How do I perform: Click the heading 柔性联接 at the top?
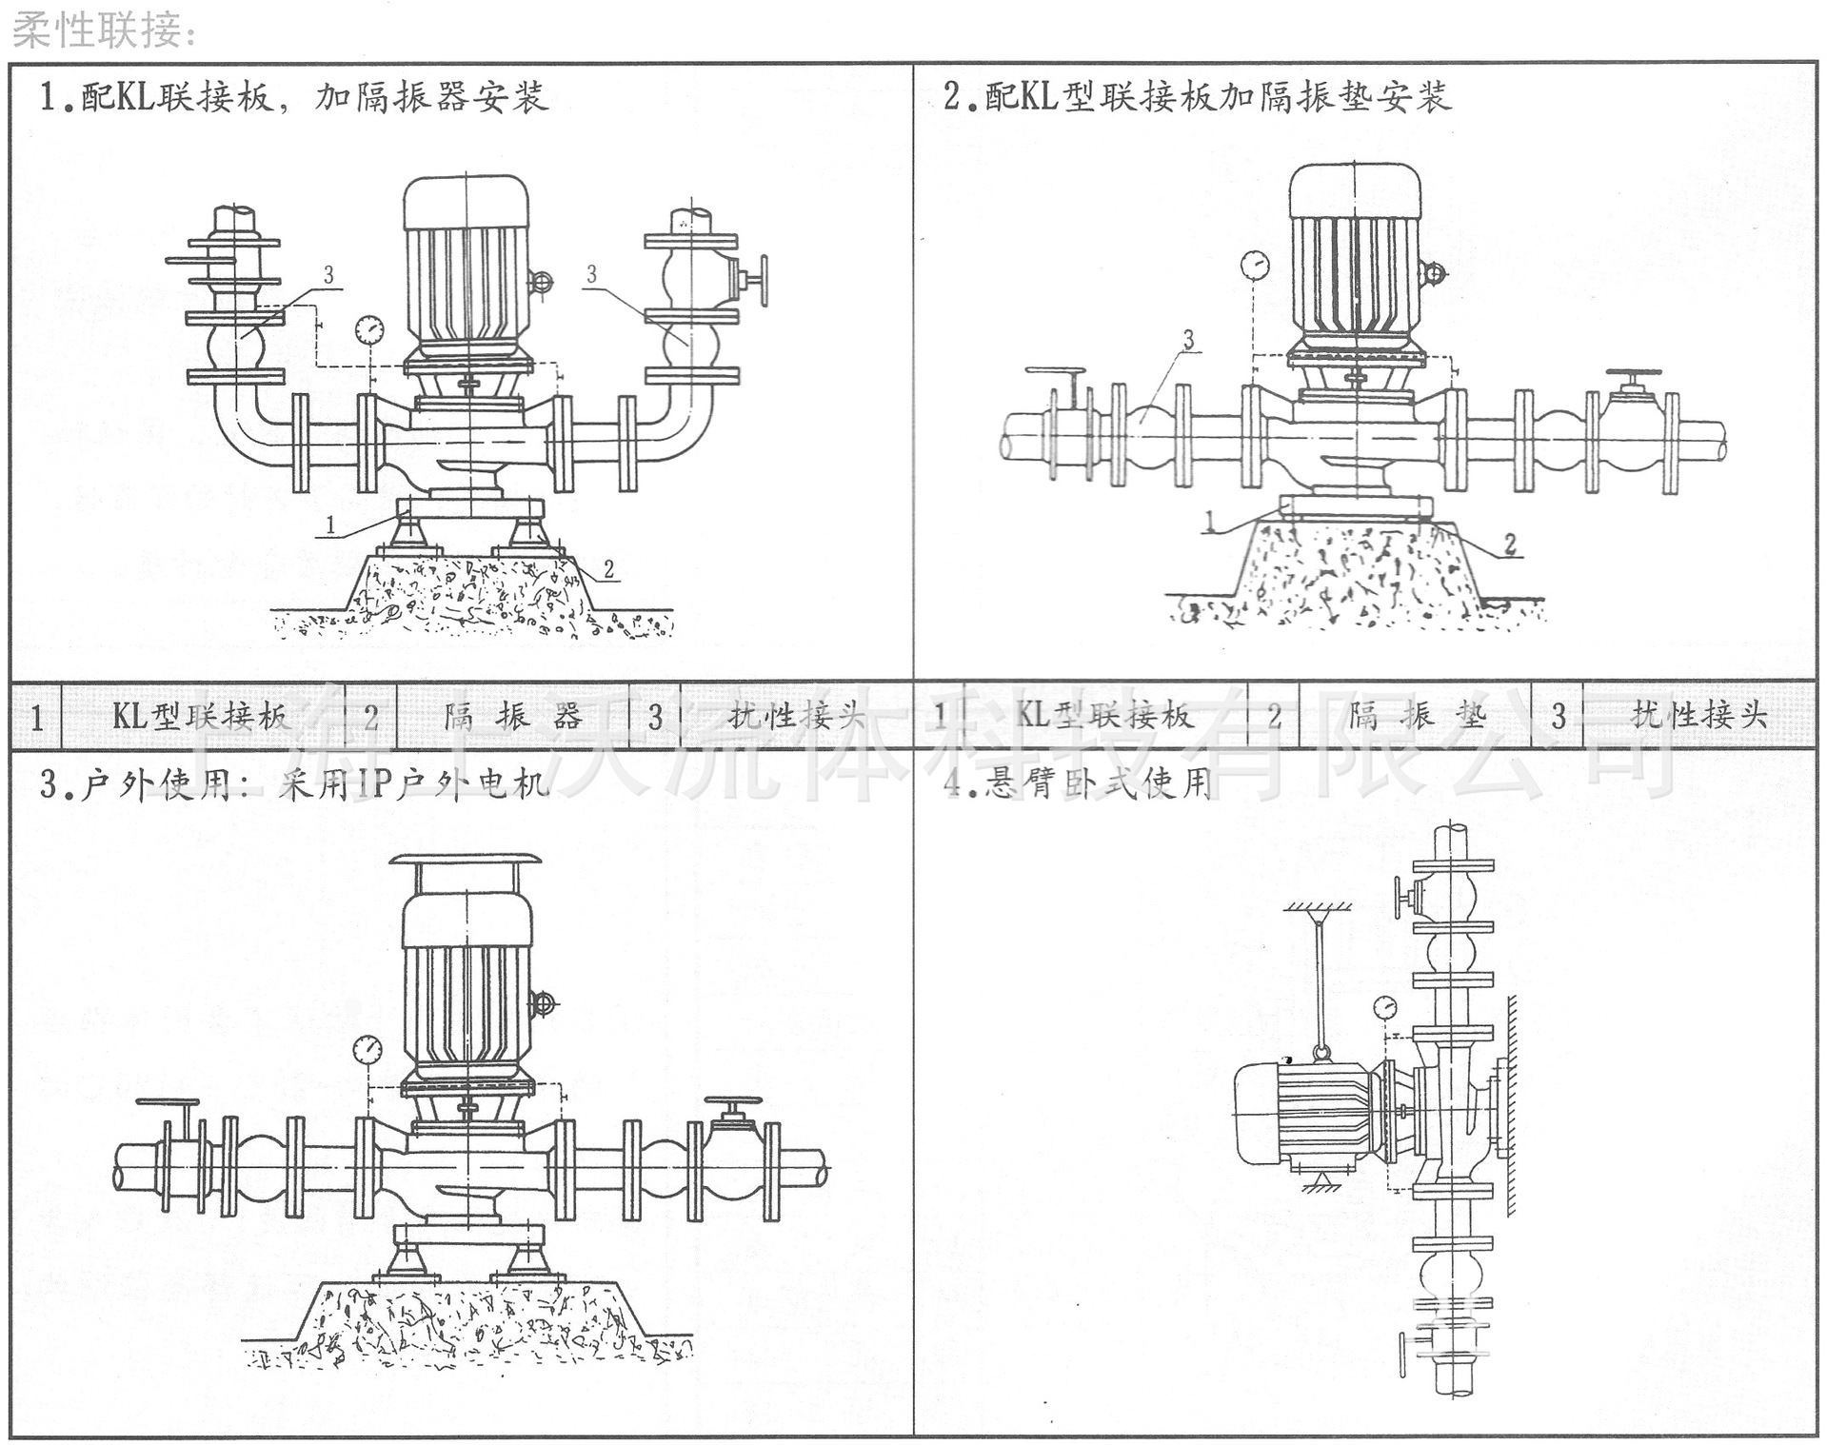tap(105, 30)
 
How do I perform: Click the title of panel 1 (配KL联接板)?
tap(293, 97)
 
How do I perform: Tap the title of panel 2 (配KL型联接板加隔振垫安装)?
tap(1197, 97)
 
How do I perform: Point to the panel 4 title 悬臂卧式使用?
tap(1078, 783)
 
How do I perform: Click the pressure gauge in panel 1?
tap(368, 330)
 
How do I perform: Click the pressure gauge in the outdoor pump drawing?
tap(367, 1051)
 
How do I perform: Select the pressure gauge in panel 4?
tap(1385, 1005)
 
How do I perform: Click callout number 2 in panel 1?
tap(608, 569)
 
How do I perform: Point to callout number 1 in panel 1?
tap(330, 525)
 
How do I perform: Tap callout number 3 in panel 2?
tap(1188, 339)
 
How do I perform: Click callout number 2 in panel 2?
tap(1510, 544)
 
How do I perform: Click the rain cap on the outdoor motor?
tap(466, 861)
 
